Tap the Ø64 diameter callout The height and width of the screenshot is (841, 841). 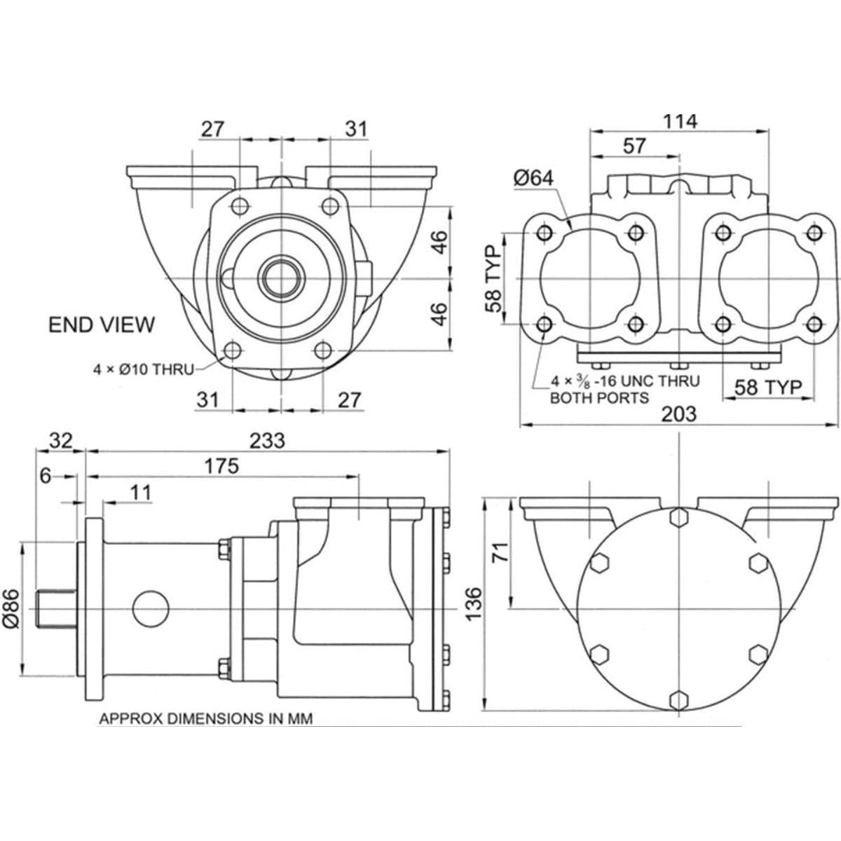[533, 178]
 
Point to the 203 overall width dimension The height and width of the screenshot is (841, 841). [679, 413]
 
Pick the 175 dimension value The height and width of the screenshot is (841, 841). [221, 466]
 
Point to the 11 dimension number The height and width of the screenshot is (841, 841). [140, 493]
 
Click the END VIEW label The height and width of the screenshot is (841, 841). [101, 324]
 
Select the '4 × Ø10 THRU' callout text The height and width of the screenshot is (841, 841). [144, 369]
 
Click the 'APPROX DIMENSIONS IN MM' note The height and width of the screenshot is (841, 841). [205, 718]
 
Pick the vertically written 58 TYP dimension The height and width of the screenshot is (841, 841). [495, 279]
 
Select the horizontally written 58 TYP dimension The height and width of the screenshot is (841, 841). [769, 387]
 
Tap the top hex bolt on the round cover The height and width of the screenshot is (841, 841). [678, 517]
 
